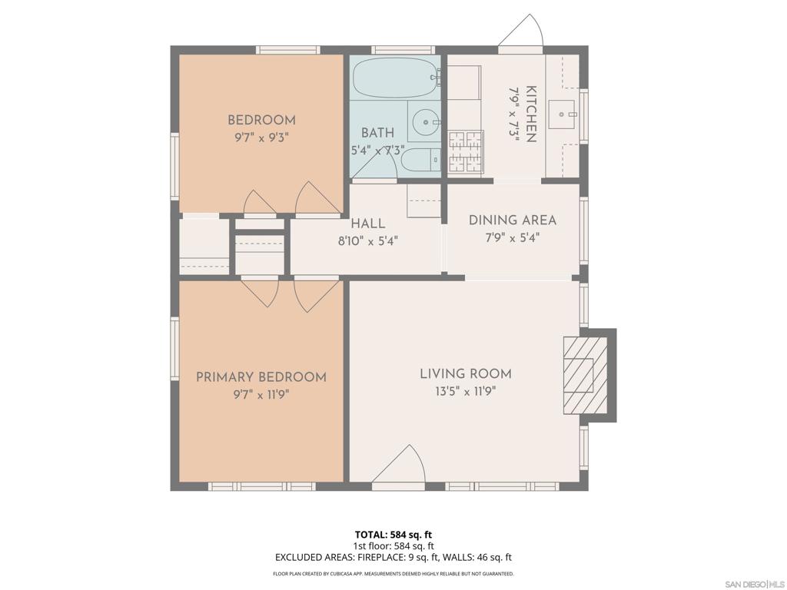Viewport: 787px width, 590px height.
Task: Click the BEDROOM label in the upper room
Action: coord(261,120)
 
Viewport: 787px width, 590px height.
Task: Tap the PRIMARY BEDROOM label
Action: coord(261,376)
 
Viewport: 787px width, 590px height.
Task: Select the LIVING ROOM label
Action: coord(466,374)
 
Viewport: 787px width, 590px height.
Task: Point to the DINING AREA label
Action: coord(513,220)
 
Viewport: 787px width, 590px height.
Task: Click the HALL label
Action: coord(368,224)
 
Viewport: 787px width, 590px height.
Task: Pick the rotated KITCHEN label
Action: coord(531,114)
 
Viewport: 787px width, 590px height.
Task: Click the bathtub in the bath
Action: coord(396,78)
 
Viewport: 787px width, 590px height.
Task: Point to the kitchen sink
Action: coord(562,114)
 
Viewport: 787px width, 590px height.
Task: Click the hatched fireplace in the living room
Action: coord(585,375)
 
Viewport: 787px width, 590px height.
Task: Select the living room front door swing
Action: coord(399,463)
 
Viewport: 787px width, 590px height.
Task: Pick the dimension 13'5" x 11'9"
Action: coord(466,391)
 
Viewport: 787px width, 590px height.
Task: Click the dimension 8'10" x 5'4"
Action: coord(368,241)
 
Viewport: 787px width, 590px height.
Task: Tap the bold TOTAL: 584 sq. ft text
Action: coord(393,535)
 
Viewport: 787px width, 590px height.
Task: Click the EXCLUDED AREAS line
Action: coord(393,558)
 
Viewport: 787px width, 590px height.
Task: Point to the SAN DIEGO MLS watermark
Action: coord(754,585)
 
